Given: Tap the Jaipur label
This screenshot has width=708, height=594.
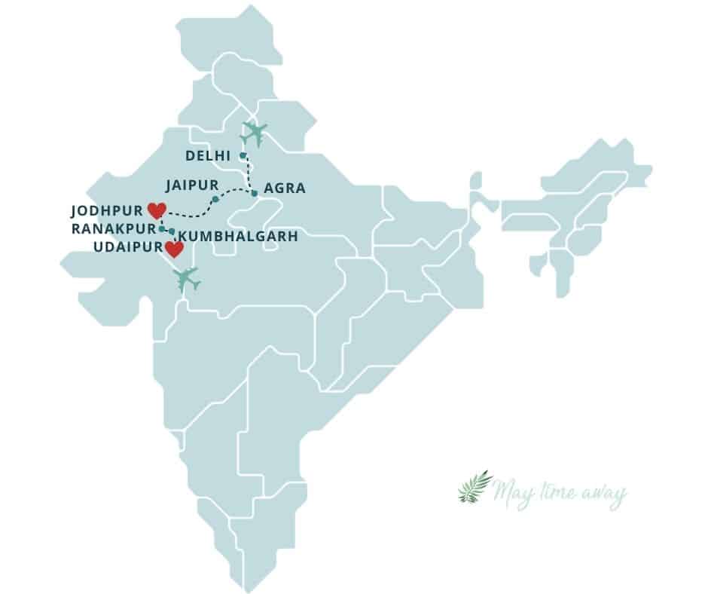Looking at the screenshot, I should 193,185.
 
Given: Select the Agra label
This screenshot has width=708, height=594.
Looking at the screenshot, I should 285,188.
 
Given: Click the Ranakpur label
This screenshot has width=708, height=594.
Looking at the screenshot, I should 111,228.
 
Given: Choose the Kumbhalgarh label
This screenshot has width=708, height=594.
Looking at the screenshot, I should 239,236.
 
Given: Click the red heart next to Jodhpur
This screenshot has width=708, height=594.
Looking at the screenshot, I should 157,210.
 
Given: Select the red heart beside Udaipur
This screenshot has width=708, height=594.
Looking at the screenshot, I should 174,250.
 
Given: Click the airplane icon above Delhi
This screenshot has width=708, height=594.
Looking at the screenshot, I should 254,133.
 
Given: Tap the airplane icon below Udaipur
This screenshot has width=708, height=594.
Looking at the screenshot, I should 187,279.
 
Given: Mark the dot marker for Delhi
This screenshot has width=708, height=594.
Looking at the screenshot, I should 243,156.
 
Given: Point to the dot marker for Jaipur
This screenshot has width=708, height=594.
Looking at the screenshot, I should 215,199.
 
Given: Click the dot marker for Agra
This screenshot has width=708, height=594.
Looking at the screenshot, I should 255,194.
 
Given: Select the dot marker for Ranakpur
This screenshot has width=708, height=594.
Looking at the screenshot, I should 162,228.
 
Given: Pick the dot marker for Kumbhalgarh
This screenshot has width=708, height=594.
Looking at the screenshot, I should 172,231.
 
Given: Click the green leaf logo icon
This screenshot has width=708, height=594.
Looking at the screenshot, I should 475,488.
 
